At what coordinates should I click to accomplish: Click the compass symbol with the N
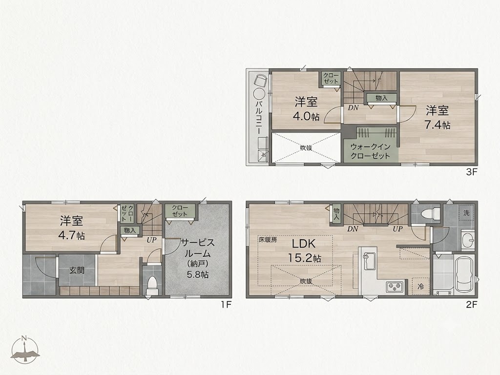click(x=25, y=349)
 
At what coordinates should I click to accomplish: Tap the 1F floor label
click(x=226, y=305)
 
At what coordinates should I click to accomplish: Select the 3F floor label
click(x=472, y=172)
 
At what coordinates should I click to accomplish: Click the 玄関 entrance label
click(x=77, y=271)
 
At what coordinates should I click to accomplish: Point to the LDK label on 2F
click(x=304, y=244)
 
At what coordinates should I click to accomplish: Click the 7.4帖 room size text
click(x=437, y=125)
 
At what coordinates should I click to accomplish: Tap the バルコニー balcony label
click(x=259, y=117)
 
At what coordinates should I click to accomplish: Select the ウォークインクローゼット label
click(x=370, y=151)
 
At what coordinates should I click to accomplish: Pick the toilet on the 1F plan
click(x=152, y=285)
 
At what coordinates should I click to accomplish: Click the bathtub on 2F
click(x=465, y=274)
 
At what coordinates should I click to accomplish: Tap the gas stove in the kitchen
click(x=395, y=287)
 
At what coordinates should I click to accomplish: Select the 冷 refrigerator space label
click(x=421, y=287)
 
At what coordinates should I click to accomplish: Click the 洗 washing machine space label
click(x=466, y=213)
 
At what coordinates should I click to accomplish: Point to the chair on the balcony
click(x=261, y=80)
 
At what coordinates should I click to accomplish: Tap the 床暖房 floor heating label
click(x=267, y=240)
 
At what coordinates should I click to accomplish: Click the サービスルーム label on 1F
click(x=198, y=248)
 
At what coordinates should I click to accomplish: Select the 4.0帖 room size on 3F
click(x=306, y=116)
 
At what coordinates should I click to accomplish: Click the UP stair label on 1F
click(x=151, y=240)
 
